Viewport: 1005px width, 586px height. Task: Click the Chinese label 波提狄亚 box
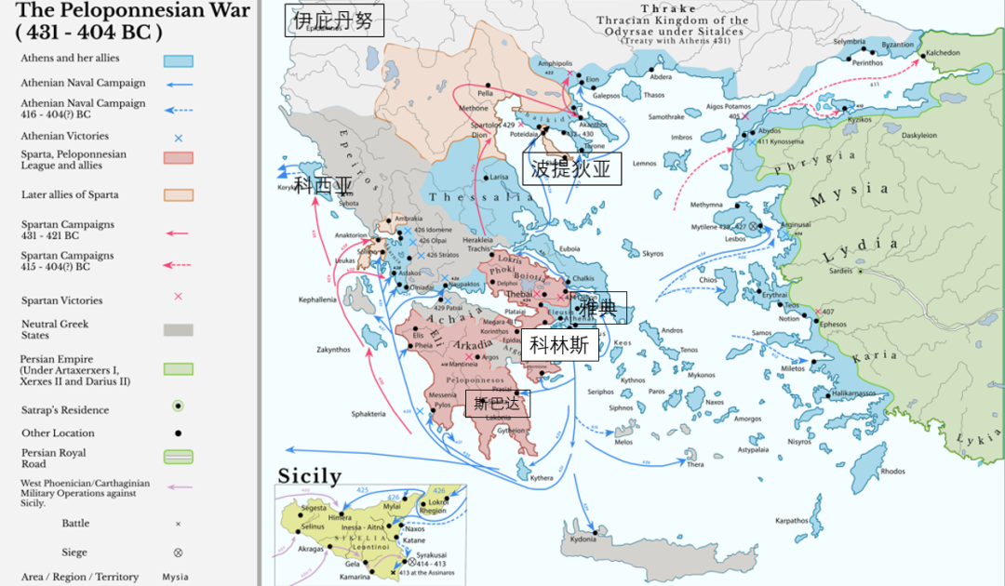[570, 168]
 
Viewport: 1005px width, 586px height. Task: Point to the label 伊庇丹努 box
[334, 20]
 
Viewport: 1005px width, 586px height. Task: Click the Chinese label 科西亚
[325, 186]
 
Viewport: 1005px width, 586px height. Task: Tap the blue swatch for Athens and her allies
[179, 60]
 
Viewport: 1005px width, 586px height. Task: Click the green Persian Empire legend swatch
[179, 369]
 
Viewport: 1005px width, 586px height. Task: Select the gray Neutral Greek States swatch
[179, 329]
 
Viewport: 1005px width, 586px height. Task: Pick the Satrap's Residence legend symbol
[178, 406]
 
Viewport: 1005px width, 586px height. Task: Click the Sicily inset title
[310, 476]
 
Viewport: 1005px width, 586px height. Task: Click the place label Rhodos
[892, 472]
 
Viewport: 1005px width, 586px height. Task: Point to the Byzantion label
[897, 45]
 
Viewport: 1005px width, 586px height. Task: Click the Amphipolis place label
[556, 63]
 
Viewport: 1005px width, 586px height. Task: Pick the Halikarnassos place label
[853, 393]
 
